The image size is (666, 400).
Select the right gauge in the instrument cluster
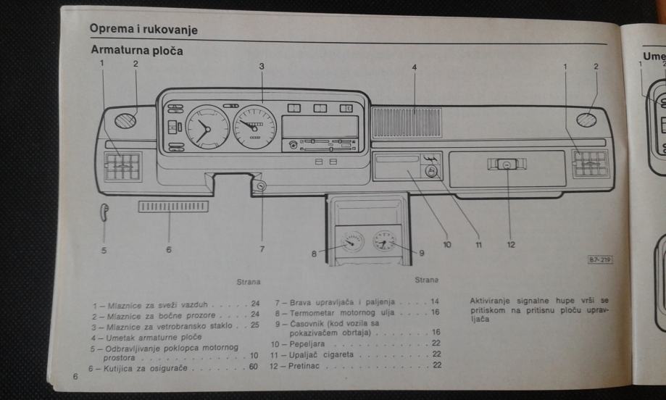coord(255,125)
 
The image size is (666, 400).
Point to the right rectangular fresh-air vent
coord(591,164)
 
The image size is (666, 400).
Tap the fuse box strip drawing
coord(172,207)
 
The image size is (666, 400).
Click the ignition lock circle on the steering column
coord(260,187)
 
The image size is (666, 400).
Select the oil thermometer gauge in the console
coord(353,241)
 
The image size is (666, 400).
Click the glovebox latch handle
coord(505,165)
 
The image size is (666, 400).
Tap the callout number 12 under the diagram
coord(510,246)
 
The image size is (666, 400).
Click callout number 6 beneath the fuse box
coord(169,249)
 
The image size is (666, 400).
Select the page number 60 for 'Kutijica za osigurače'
coord(254,369)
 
